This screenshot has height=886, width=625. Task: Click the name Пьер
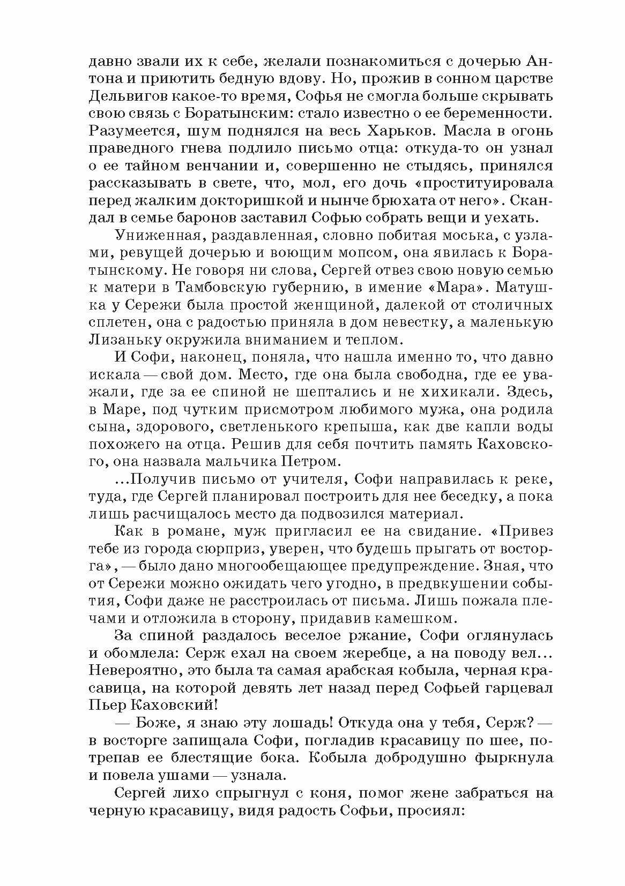pos(107,705)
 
